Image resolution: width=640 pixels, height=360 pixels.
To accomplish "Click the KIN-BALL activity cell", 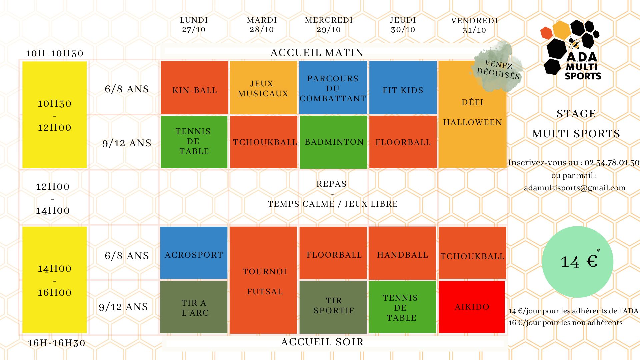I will [x=194, y=88].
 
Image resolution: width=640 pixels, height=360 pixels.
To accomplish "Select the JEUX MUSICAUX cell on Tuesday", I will [x=263, y=88].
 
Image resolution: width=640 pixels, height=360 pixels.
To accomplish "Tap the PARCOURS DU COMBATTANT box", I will [x=333, y=88].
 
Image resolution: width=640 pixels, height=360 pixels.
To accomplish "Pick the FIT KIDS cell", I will [x=403, y=88].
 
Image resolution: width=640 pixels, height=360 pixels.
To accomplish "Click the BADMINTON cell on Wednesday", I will [x=334, y=142].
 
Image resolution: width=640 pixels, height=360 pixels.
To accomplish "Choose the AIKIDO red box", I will [x=472, y=307].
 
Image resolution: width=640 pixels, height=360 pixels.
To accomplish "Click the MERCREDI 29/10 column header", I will [x=329, y=25].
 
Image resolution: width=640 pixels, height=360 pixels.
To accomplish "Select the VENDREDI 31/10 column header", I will [x=474, y=25].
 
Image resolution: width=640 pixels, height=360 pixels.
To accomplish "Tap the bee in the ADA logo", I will [x=574, y=42].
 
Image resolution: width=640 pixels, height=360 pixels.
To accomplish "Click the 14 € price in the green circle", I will [x=579, y=262].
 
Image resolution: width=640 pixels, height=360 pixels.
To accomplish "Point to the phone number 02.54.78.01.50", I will [x=612, y=163].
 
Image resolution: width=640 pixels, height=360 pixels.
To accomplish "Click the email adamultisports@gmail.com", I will [x=574, y=188].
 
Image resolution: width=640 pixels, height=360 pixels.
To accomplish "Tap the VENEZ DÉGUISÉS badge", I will [x=498, y=69].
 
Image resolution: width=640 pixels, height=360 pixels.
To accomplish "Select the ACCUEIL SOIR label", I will [x=322, y=342].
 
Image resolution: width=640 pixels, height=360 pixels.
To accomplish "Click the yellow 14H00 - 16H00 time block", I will [x=55, y=280].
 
